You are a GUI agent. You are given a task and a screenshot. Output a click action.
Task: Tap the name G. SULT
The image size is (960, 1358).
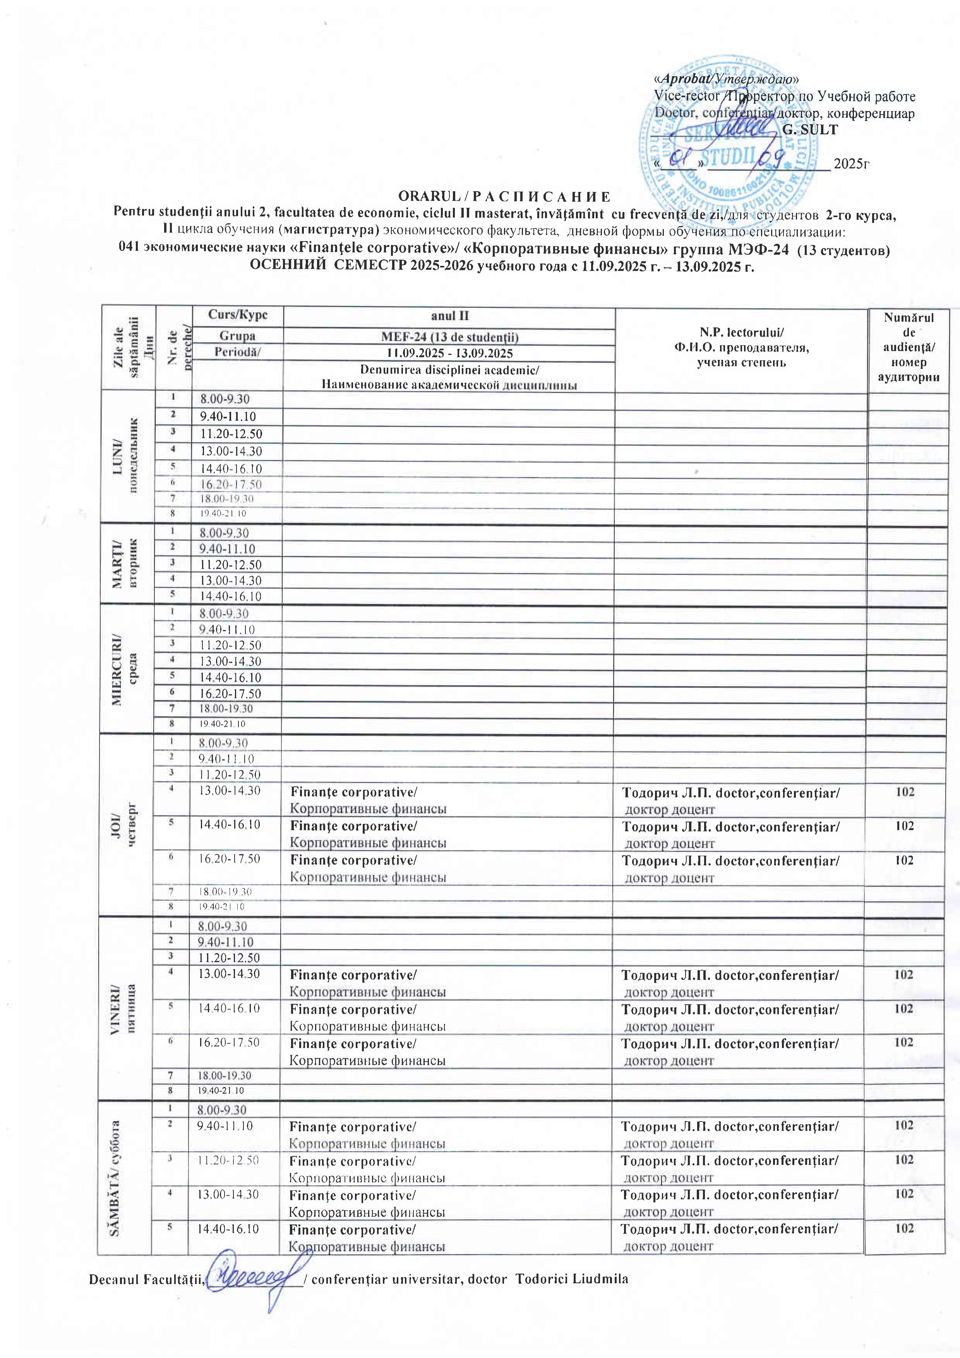(810, 130)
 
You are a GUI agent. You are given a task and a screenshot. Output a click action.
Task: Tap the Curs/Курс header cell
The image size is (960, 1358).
(237, 315)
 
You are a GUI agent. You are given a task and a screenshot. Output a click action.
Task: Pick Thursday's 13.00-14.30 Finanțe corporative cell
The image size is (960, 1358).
(367, 800)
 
